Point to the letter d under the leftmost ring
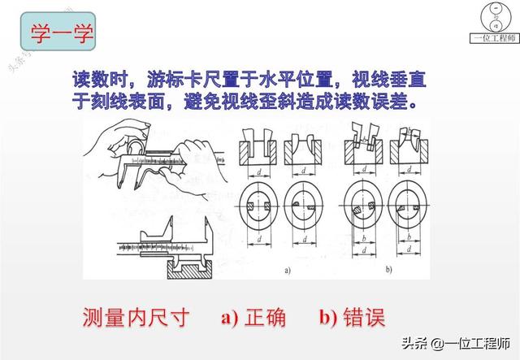(258, 242)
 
